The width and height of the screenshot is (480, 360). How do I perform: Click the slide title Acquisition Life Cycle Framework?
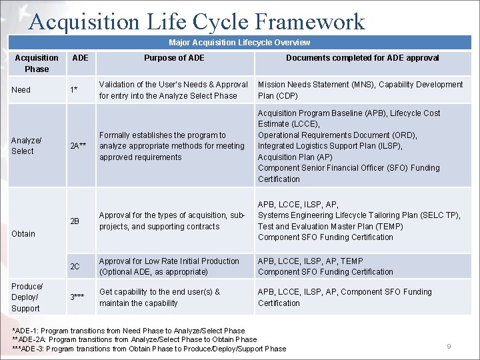pyautogui.click(x=197, y=21)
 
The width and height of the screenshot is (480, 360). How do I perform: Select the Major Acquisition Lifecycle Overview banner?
pyautogui.click(x=239, y=43)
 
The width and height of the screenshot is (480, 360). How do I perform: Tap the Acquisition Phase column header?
pyautogui.click(x=37, y=63)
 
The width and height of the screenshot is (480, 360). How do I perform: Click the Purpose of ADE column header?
pyautogui.click(x=174, y=58)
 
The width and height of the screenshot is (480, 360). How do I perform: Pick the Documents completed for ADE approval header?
pyautogui.click(x=362, y=58)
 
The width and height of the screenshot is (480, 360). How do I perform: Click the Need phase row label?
pyautogui.click(x=21, y=90)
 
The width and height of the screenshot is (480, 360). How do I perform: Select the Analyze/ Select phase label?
pyautogui.click(x=27, y=146)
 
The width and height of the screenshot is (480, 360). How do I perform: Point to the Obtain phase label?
pyautogui.click(x=23, y=234)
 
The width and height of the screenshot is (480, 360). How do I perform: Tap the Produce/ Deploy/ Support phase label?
pyautogui.click(x=27, y=297)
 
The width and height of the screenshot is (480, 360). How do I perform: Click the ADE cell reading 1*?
pyautogui.click(x=77, y=90)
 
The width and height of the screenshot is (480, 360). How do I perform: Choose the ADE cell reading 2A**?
pyautogui.click(x=79, y=147)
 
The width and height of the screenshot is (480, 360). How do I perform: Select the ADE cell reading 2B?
pyautogui.click(x=75, y=221)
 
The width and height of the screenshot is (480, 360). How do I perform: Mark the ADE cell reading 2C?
pyautogui.click(x=75, y=267)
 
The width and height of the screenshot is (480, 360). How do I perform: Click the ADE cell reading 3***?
pyautogui.click(x=78, y=297)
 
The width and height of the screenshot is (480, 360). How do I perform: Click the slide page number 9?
pyautogui.click(x=449, y=347)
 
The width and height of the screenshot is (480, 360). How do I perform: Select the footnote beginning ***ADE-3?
pyautogui.click(x=149, y=349)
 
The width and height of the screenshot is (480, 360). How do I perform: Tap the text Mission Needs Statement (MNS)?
pyautogui.click(x=317, y=85)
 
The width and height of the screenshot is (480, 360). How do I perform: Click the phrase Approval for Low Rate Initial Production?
pyautogui.click(x=169, y=261)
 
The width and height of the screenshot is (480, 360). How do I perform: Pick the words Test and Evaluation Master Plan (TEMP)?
pyautogui.click(x=331, y=227)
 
